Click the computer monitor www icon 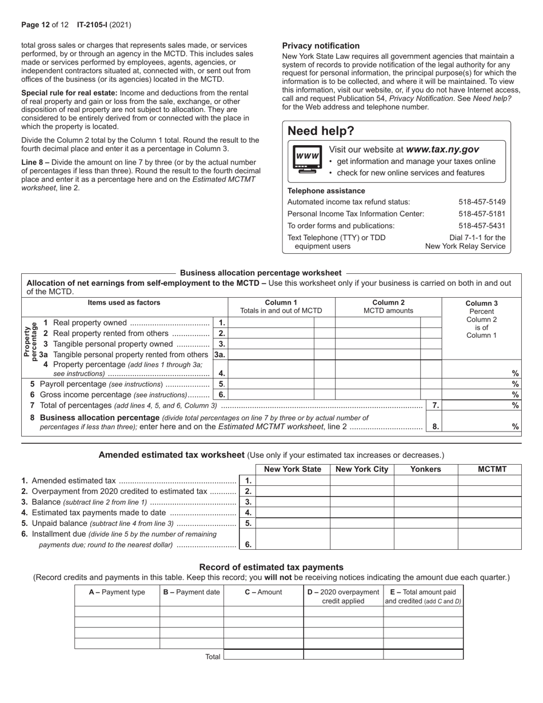pyautogui.click(x=307, y=160)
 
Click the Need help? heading pyautogui.click(x=321, y=131)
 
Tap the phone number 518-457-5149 pyautogui.click(x=482, y=202)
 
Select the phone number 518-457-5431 pyautogui.click(x=482, y=226)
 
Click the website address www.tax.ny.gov pyautogui.click(x=442, y=149)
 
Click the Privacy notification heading pyautogui.click(x=321, y=46)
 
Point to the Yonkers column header pyautogui.click(x=426, y=469)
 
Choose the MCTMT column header pyautogui.click(x=489, y=469)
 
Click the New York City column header pyautogui.click(x=362, y=469)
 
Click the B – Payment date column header pyautogui.click(x=191, y=592)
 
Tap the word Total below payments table pyautogui.click(x=213, y=657)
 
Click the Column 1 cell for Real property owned pyautogui.click(x=271, y=323)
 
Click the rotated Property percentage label pyautogui.click(x=30, y=341)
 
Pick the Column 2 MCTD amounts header pyautogui.click(x=388, y=306)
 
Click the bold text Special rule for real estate pyautogui.click(x=69, y=93)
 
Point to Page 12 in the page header pyautogui.click(x=35, y=25)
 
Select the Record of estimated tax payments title pyautogui.click(x=271, y=567)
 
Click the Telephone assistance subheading pyautogui.click(x=326, y=191)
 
